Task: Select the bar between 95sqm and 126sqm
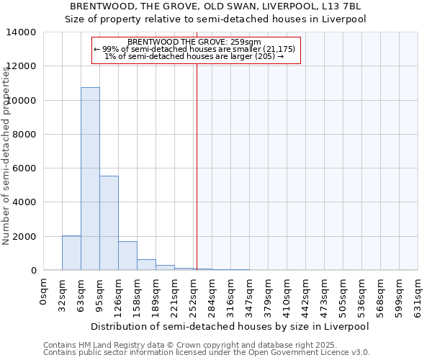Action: click(x=109, y=223)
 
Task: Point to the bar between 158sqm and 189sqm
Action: click(x=146, y=264)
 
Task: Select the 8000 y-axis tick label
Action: click(x=24, y=135)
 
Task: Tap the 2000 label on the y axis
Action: click(x=24, y=236)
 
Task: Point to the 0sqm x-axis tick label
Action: click(x=44, y=293)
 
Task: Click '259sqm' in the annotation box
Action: click(x=246, y=42)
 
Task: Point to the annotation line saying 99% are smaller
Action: click(x=194, y=49)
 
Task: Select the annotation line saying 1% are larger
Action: click(x=194, y=56)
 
